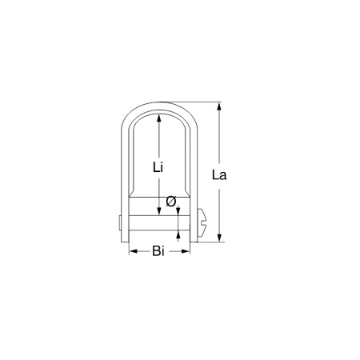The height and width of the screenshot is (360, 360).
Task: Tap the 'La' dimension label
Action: coord(219,174)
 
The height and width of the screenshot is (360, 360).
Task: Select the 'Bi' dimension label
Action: coord(158,252)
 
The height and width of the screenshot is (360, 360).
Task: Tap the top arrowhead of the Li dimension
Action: coord(159,117)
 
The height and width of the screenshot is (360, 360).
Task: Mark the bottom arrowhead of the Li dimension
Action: coord(159,211)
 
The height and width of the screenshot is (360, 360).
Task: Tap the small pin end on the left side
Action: coord(119,222)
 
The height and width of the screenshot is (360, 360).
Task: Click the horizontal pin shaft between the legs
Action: coord(159,222)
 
